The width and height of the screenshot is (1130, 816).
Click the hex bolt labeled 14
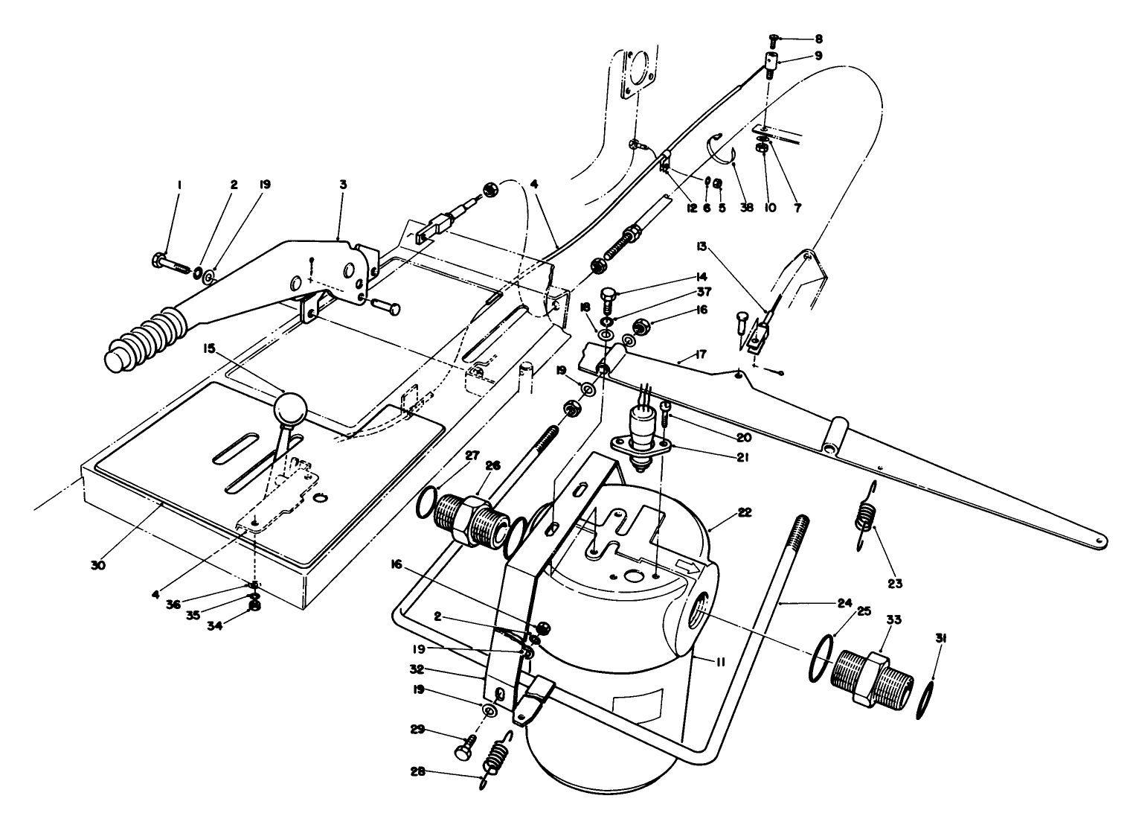(607, 301)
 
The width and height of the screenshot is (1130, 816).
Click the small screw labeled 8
(772, 40)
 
